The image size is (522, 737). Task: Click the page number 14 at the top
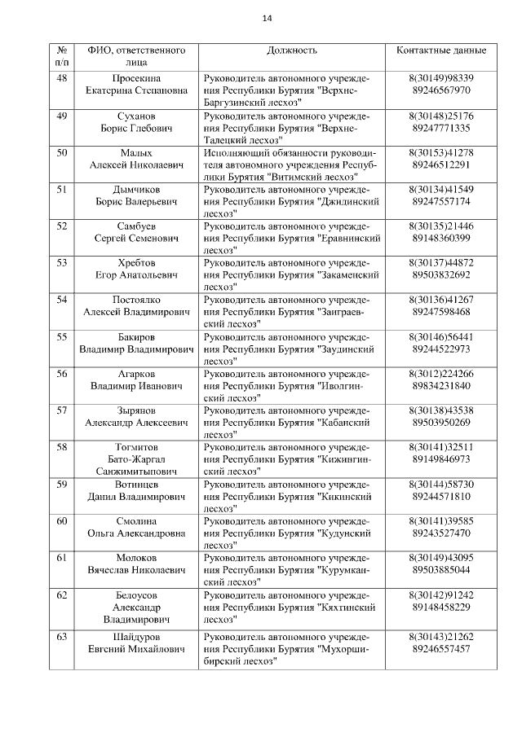click(x=267, y=19)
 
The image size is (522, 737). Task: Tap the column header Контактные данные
click(x=441, y=50)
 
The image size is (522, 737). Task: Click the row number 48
click(x=61, y=77)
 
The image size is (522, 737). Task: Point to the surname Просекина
click(x=136, y=77)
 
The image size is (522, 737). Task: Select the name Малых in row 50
click(x=136, y=152)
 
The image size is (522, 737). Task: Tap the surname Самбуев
click(x=136, y=226)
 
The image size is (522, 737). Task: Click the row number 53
click(x=61, y=262)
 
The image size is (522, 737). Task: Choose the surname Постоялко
click(x=136, y=300)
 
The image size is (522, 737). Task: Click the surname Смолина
click(x=136, y=520)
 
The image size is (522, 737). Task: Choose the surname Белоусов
click(x=136, y=594)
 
